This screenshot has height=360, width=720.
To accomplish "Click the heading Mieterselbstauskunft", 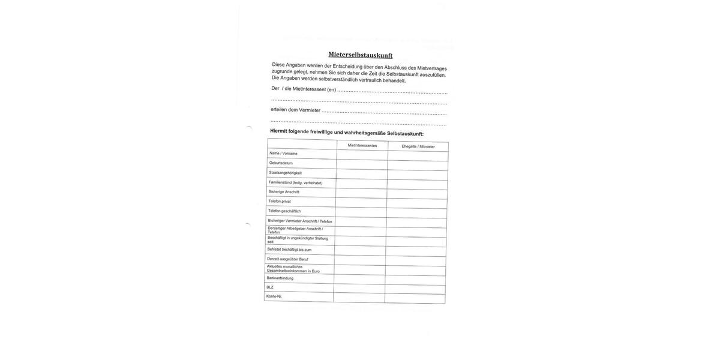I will click(x=361, y=55).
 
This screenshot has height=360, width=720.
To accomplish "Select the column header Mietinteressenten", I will click(x=362, y=145).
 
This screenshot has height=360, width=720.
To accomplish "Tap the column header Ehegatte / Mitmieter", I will click(x=418, y=146).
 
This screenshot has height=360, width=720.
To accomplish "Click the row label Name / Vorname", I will click(x=283, y=153).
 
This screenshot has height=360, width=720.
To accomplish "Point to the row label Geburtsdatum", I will click(x=281, y=163).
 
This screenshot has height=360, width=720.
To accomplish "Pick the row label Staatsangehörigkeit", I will click(x=285, y=173).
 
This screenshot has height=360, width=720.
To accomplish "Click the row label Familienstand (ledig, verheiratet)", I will click(x=295, y=182).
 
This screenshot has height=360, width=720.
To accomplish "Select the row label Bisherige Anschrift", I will click(x=284, y=192).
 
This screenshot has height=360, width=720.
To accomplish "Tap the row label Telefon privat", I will click(x=280, y=202).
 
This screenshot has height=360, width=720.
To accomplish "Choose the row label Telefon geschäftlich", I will click(x=284, y=211).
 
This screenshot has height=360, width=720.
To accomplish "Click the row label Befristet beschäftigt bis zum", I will click(x=289, y=250).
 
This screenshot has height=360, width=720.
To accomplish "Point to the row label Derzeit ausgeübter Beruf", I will click(x=287, y=259).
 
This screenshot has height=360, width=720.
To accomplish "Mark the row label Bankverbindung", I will click(x=280, y=278).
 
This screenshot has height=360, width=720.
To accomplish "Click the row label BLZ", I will click(x=270, y=287).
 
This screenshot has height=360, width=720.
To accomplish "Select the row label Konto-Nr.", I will click(x=274, y=296).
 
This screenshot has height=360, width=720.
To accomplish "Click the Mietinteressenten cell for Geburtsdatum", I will click(x=362, y=164).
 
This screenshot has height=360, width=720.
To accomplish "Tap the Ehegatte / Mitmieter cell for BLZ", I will click(x=415, y=290).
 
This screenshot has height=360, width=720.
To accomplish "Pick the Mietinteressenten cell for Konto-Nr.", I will click(x=359, y=298).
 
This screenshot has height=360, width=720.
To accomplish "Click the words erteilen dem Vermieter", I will click(x=295, y=110).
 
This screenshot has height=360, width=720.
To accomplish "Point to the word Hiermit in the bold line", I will click(x=278, y=131).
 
